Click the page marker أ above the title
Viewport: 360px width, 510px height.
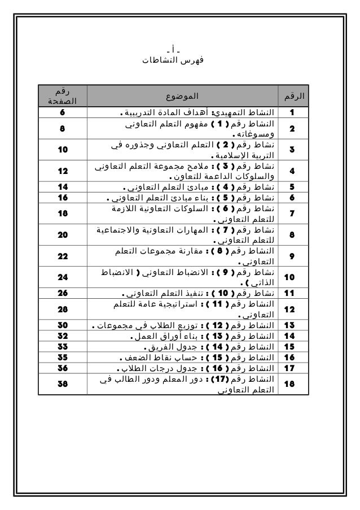[x=180, y=48]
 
